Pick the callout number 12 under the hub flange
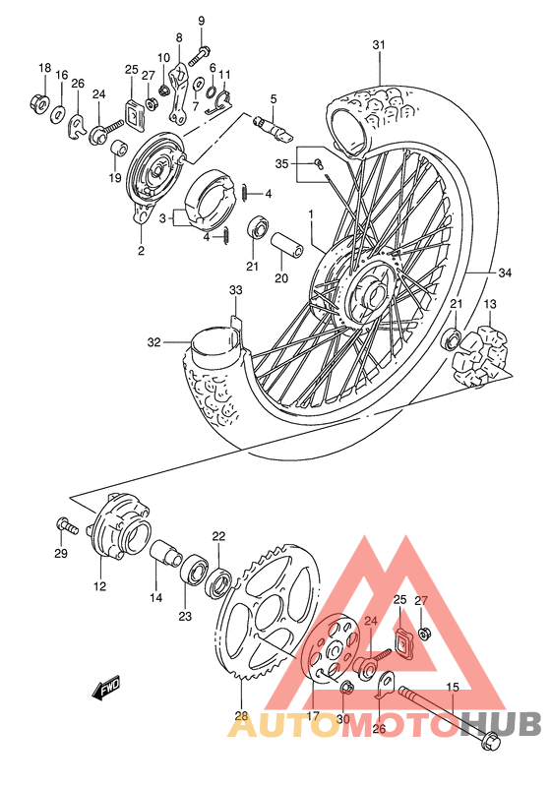(99, 586)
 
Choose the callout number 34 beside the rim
(506, 272)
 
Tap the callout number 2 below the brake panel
(141, 251)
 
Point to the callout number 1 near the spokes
(310, 213)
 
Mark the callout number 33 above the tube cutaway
(235, 290)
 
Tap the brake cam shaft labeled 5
(271, 126)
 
